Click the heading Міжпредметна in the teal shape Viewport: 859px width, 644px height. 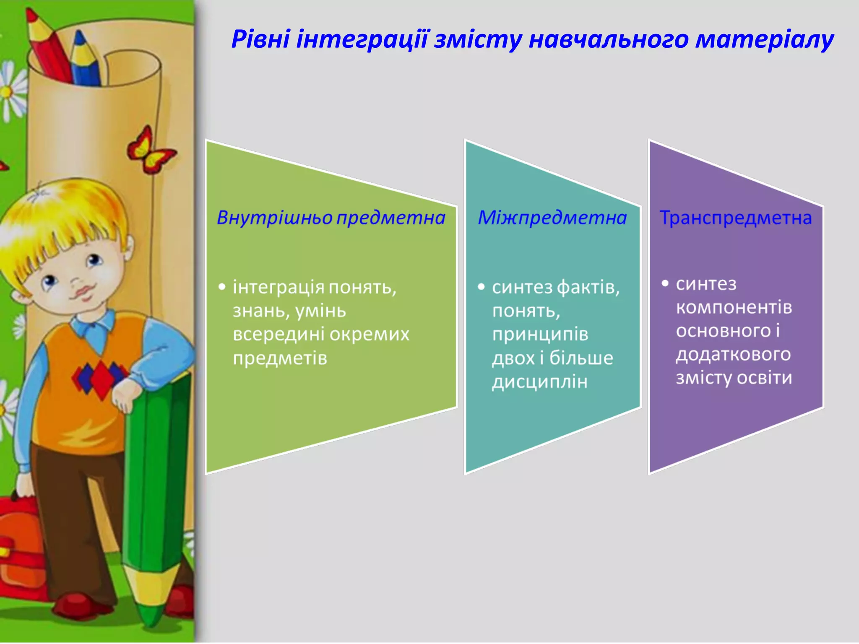[552, 218]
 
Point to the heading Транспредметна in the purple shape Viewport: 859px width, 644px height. [736, 218]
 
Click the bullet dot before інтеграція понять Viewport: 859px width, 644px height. [222, 287]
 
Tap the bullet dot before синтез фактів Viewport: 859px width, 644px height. [481, 287]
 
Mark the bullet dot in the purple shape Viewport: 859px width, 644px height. [665, 283]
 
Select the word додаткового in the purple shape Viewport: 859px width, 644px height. [733, 355]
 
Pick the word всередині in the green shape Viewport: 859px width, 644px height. [279, 334]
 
